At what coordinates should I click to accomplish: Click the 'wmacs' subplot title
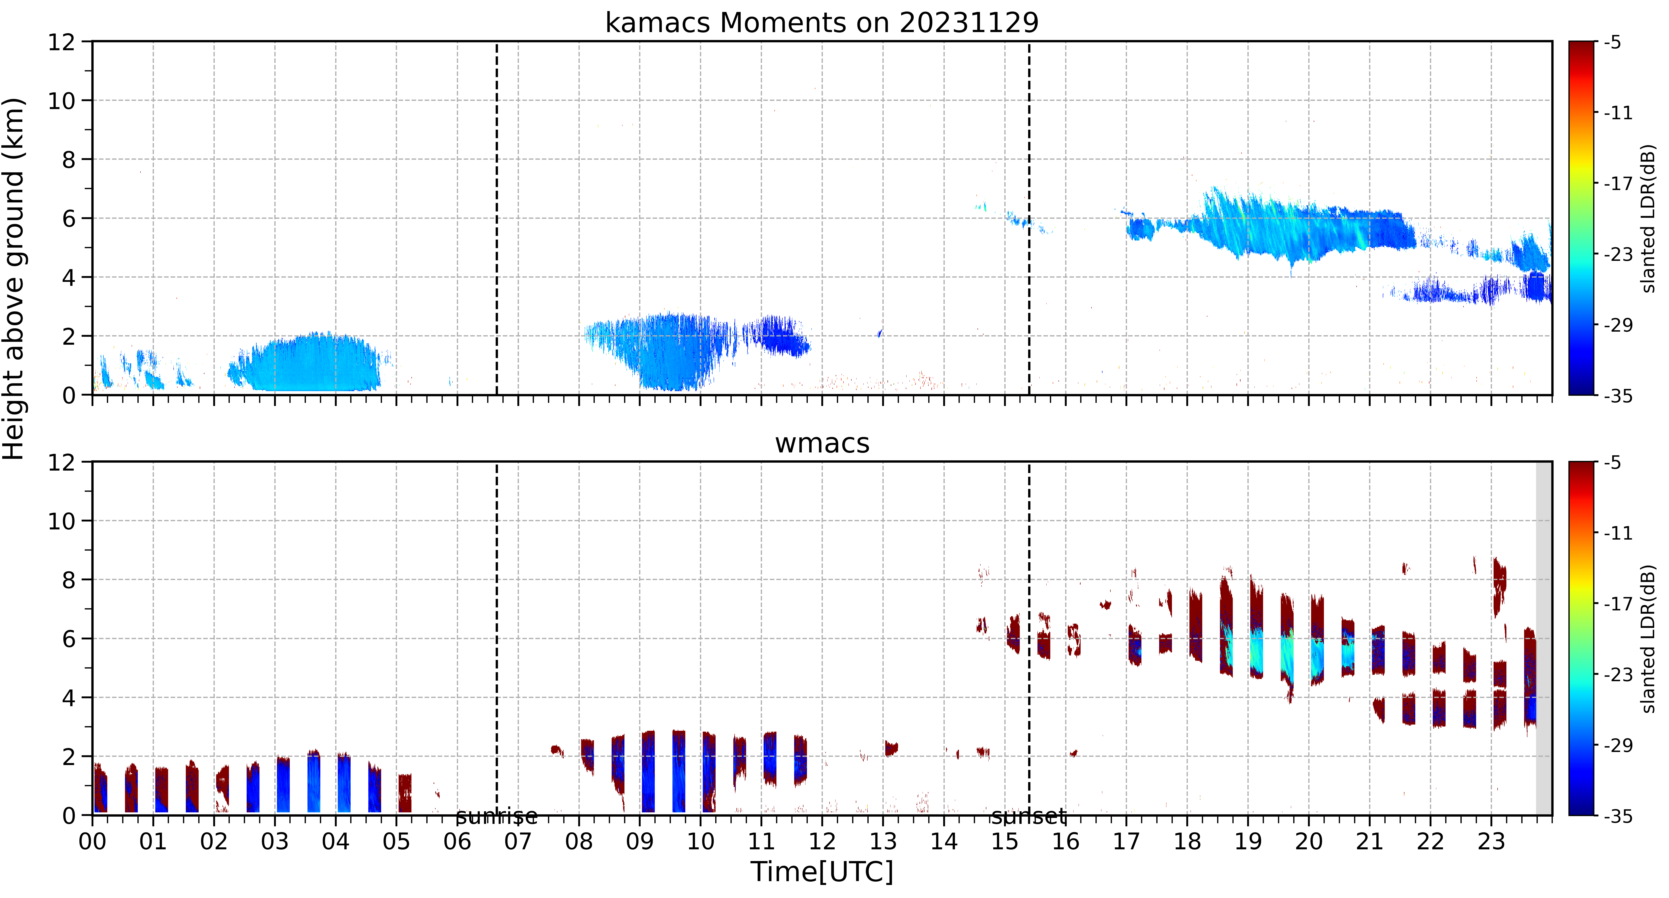pos(822,443)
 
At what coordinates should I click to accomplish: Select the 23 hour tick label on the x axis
pos(1491,842)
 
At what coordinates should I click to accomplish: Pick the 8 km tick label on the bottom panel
pos(69,580)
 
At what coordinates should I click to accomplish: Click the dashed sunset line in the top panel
pos(1029,218)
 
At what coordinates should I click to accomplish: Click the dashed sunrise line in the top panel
pos(497,218)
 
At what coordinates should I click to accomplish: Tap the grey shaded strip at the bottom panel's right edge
pos(1544,638)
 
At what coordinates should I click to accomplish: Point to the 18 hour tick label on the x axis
pos(1187,842)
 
